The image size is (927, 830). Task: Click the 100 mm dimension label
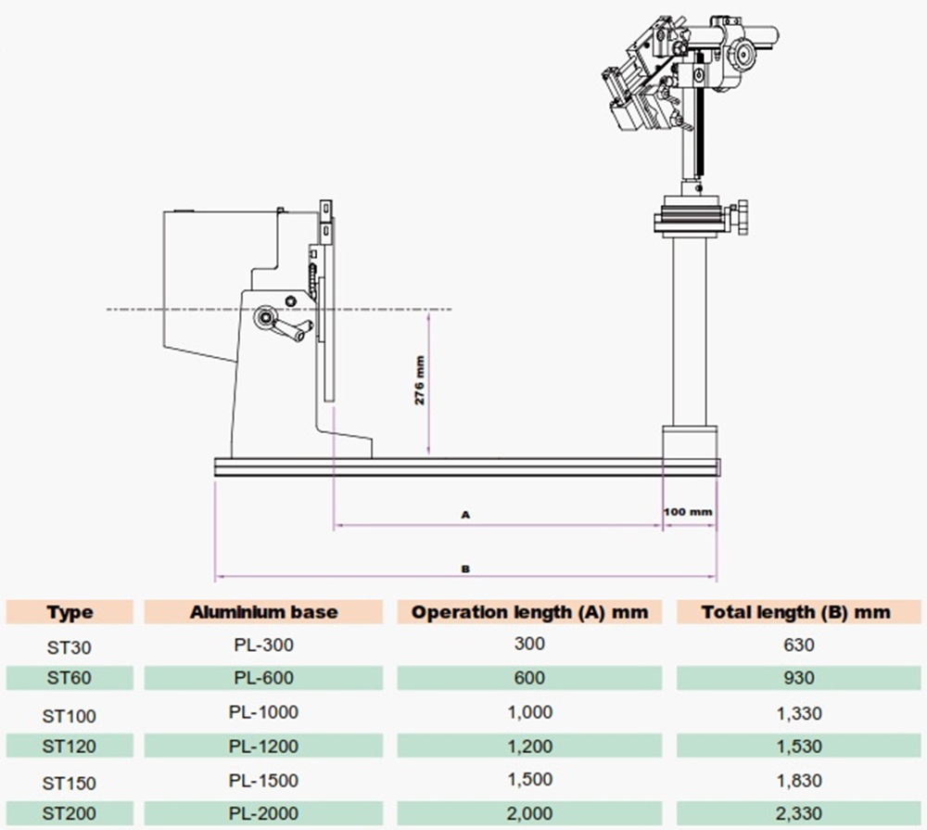pos(688,511)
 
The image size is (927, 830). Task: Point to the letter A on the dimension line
pos(466,512)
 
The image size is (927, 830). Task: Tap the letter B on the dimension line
pos(466,569)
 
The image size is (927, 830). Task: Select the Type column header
pos(70,612)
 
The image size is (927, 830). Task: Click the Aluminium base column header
pos(264,612)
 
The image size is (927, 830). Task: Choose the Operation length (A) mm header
pos(529,612)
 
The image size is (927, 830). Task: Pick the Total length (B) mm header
pos(796,612)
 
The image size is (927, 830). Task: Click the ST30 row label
pos(70,645)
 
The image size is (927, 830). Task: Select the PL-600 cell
pos(264,678)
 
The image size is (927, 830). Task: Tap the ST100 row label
pos(70,715)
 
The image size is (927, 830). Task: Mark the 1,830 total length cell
pos(796,781)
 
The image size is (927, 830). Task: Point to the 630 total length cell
pos(796,645)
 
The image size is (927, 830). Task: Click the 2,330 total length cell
pos(796,813)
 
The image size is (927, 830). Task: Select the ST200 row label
pos(70,813)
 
